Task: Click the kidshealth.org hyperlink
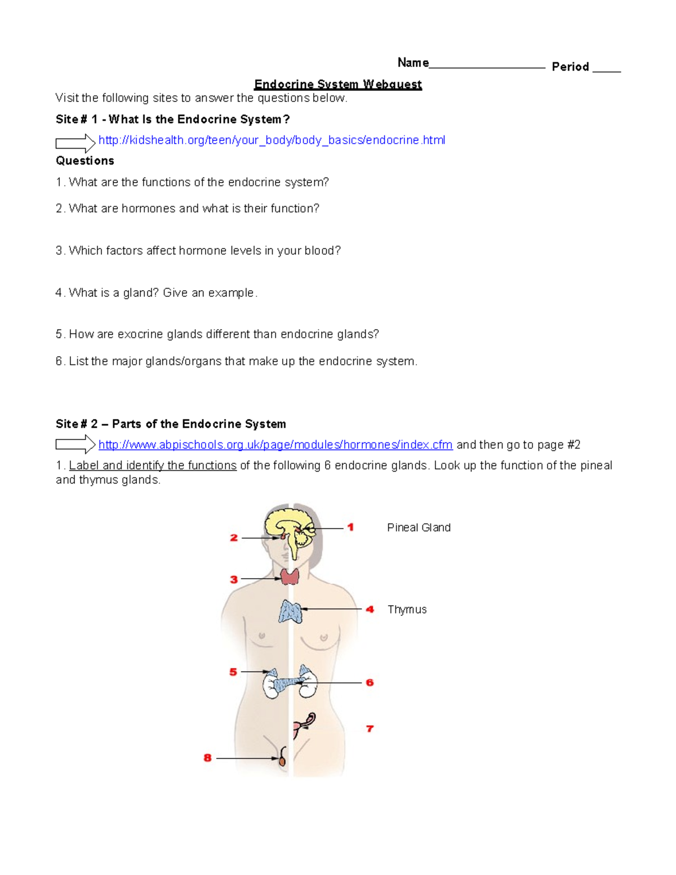point(272,140)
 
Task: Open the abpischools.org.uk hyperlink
point(275,445)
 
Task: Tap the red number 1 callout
point(350,527)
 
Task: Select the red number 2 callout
point(234,538)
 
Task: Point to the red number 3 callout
point(234,579)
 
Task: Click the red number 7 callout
point(370,729)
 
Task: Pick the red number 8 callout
point(207,758)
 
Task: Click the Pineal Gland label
point(419,528)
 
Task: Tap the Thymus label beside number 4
point(407,610)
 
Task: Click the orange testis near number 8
point(282,761)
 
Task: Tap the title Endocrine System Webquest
point(337,85)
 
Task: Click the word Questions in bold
point(85,161)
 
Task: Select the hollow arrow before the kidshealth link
point(75,143)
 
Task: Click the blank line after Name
point(487,66)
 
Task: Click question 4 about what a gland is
point(156,293)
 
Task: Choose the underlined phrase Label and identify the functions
point(153,466)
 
